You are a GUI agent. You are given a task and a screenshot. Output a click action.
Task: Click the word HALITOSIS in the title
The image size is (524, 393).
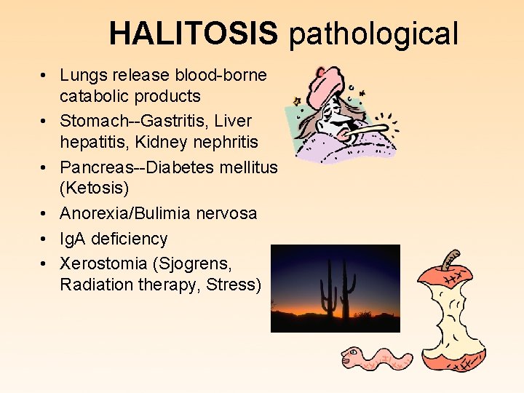pos(193,33)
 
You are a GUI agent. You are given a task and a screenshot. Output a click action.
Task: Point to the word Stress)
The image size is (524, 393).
pos(234,285)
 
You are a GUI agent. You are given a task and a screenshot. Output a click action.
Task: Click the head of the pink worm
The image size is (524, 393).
pos(353,357)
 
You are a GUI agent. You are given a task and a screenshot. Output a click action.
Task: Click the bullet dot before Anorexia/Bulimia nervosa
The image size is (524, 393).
pos(45,213)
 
